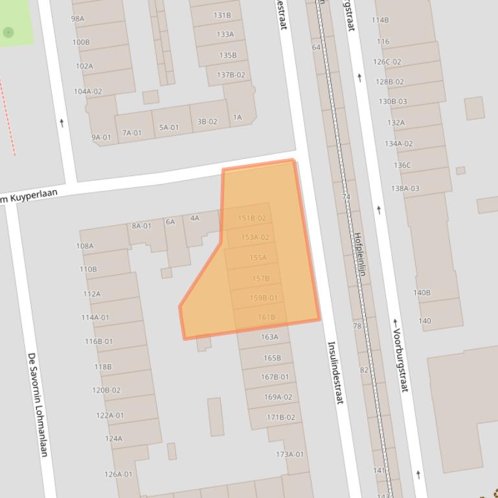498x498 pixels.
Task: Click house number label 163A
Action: (269, 337)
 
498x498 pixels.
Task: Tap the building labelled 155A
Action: (258, 258)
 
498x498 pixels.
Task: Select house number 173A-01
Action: (289, 455)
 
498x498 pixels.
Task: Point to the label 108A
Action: (85, 246)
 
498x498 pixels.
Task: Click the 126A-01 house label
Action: (119, 475)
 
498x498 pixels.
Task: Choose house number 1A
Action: (237, 118)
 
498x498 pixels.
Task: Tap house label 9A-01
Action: (101, 137)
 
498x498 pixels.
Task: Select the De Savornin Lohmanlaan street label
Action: (37, 404)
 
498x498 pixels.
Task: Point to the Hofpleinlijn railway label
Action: (360, 254)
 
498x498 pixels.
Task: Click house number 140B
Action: (422, 293)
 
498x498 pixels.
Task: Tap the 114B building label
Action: (380, 20)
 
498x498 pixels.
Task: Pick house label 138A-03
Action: (405, 189)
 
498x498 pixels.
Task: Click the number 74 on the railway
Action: (346, 197)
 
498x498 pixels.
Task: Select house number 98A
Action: (78, 19)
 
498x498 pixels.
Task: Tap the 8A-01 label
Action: (141, 226)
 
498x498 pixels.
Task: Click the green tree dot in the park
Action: (8, 32)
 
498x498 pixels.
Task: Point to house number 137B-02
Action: (231, 75)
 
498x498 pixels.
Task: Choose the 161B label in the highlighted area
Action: (267, 317)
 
